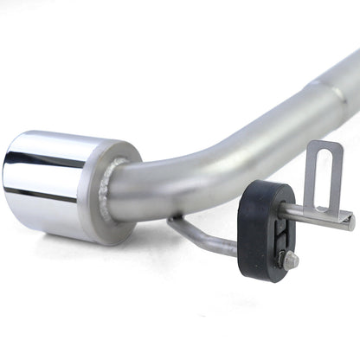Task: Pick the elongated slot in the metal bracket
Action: (325, 177)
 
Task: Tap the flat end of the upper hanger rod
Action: (350, 219)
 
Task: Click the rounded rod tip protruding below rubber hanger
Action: (292, 260)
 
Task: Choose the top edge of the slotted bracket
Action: (325, 144)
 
